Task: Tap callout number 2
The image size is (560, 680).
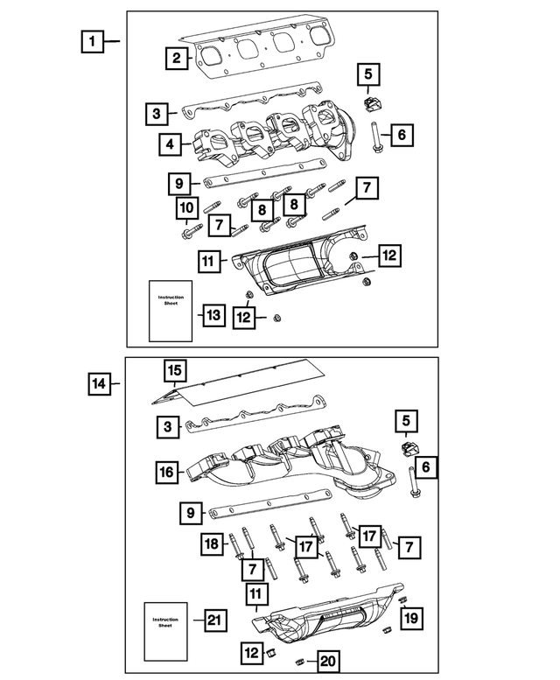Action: pyautogui.click(x=176, y=59)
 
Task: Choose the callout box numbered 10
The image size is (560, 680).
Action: pyautogui.click(x=185, y=208)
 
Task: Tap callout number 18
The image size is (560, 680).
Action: pyautogui.click(x=213, y=543)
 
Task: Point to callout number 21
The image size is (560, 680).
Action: pyautogui.click(x=215, y=620)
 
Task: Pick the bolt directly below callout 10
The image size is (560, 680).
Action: pyautogui.click(x=187, y=233)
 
